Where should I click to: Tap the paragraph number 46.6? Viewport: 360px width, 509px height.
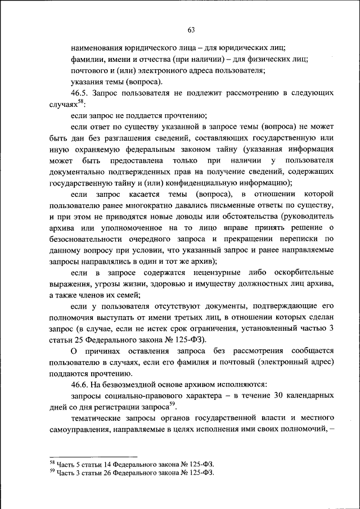pos(80,385)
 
